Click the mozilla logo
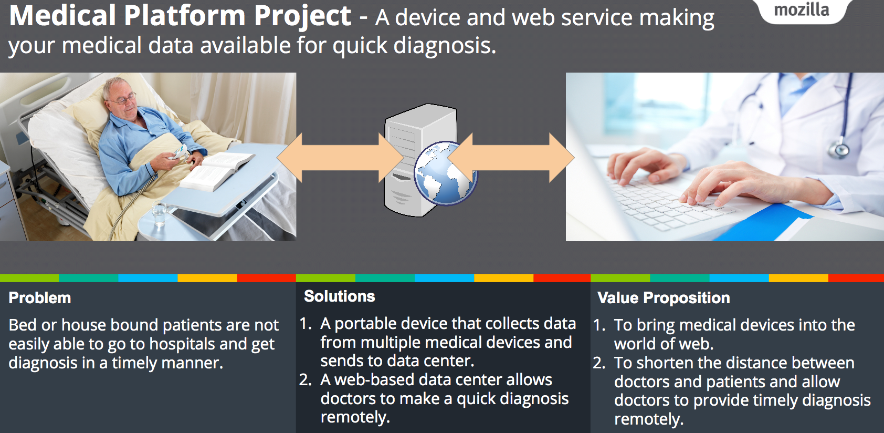click(x=802, y=10)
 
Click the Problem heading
click(x=40, y=298)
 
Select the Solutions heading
click(x=340, y=296)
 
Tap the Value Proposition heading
click(x=664, y=298)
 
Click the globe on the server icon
click(x=445, y=172)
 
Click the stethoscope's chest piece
click(x=839, y=149)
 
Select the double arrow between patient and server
click(x=340, y=158)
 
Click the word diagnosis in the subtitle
click(x=444, y=46)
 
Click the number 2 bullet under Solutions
click(x=306, y=380)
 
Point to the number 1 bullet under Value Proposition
click(x=599, y=325)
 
